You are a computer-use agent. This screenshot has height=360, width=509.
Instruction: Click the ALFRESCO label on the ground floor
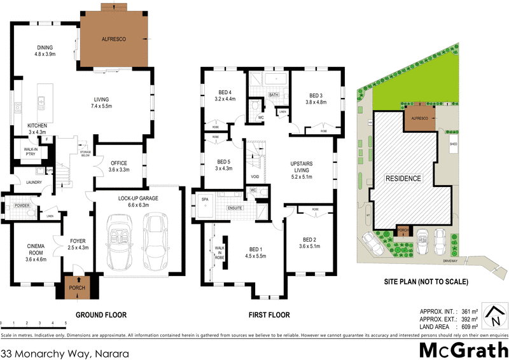point(115,39)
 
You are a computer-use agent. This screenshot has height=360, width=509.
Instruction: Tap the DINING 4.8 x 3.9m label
point(45,52)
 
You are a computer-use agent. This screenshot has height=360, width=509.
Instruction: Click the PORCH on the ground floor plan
point(76,288)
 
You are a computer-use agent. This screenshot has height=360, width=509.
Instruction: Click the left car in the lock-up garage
point(119,242)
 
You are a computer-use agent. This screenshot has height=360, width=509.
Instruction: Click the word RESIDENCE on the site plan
point(403,179)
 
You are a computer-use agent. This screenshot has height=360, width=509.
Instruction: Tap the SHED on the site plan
point(454,144)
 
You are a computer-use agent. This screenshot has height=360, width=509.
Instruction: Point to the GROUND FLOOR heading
point(101,315)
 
